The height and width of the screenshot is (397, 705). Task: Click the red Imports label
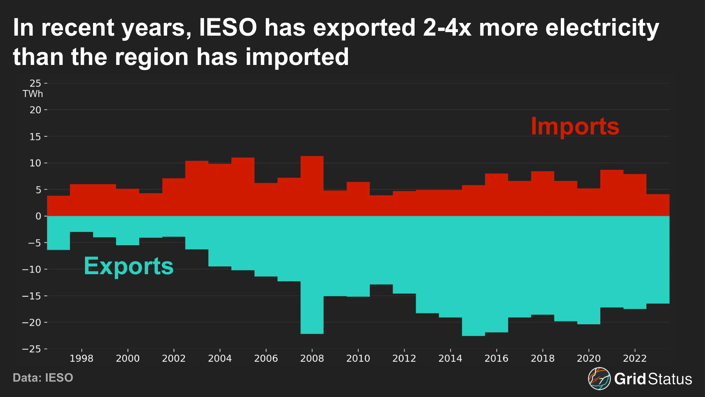coord(575,126)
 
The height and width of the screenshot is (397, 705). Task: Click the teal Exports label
coord(129,266)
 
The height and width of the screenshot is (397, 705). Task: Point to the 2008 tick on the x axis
coord(312,359)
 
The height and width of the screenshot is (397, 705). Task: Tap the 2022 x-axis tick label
coord(634,359)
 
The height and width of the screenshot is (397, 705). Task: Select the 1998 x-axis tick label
coord(81,359)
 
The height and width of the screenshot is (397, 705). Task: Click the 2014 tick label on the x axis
coord(450,359)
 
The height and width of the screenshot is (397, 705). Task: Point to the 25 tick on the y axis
coord(36,83)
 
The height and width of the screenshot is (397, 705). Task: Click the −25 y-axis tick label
coord(31,349)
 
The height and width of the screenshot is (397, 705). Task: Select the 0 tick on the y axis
coord(38,216)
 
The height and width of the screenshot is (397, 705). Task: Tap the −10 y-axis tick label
coord(31,270)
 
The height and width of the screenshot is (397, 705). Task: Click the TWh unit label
coord(33,94)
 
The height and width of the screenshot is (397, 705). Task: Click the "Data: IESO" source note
coord(43,378)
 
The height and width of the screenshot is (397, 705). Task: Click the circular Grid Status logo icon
coord(599,379)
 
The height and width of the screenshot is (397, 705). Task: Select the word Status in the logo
coord(670,379)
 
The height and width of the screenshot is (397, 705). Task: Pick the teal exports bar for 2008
coord(312,275)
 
